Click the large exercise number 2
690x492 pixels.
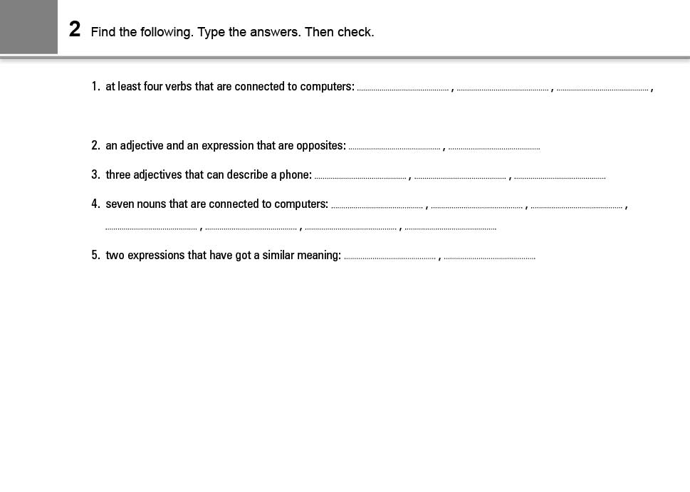click(75, 30)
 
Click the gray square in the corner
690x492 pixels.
click(28, 26)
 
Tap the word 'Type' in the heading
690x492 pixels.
click(211, 32)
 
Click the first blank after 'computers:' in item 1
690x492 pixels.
click(403, 88)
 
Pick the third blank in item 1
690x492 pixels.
click(602, 88)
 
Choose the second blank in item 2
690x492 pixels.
click(494, 147)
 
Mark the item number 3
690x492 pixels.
click(95, 175)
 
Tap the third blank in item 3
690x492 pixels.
click(560, 176)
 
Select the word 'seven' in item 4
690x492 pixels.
click(120, 204)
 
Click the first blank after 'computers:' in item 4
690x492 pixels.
click(377, 205)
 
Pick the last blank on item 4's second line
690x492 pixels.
click(450, 227)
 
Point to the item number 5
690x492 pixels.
click(95, 256)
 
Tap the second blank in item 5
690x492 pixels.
click(489, 256)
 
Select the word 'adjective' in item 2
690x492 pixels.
click(142, 146)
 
